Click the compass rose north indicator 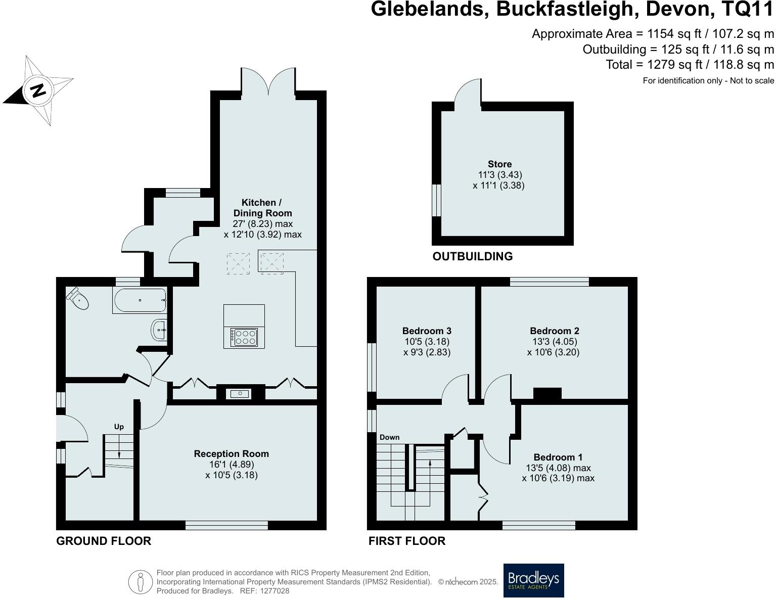[x=38, y=90]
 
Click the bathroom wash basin [x=159, y=330]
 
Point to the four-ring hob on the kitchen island [x=244, y=337]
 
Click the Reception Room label [x=232, y=454]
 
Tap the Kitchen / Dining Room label [x=262, y=208]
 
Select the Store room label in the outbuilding [x=499, y=164]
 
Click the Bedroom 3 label [x=427, y=331]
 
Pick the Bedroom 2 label [x=555, y=331]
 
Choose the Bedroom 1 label [x=554, y=457]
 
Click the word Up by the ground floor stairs [x=119, y=427]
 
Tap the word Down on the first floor [x=389, y=437]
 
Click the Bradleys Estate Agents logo [x=533, y=580]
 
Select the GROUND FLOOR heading [x=104, y=541]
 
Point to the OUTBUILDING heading [x=472, y=256]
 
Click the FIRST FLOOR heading [x=407, y=541]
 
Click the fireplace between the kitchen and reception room [x=241, y=393]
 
